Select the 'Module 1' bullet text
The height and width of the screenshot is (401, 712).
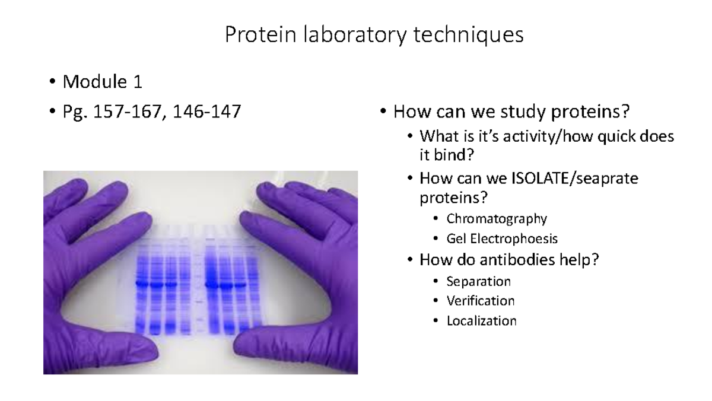point(103,82)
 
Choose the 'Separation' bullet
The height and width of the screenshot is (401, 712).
point(478,281)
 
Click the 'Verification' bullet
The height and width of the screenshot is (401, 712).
point(480,301)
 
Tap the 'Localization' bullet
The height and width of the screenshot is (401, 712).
point(481,321)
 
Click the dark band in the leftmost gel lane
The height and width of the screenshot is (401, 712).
point(142,284)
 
